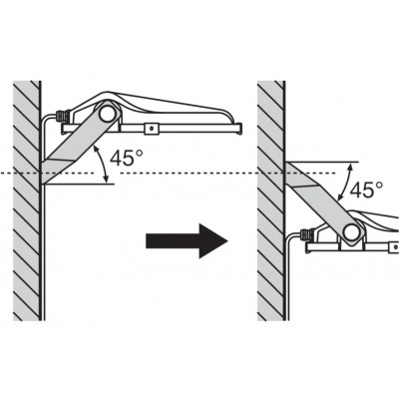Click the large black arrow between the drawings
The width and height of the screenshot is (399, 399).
tap(187, 240)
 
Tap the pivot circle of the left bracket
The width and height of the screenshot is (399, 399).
tap(108, 114)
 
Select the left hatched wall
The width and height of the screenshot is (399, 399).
tap(27, 200)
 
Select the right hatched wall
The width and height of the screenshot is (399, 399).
tap(271, 200)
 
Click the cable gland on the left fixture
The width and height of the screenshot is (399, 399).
tap(63, 117)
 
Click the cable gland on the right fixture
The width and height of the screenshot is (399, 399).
tap(306, 235)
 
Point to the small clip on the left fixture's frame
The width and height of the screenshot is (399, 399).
tap(152, 129)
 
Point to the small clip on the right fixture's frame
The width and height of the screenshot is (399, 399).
tap(395, 247)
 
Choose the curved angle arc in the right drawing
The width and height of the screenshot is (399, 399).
tap(344, 183)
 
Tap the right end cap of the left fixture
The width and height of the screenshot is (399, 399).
tap(238, 129)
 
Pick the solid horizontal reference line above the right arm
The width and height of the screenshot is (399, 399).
tap(322, 163)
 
